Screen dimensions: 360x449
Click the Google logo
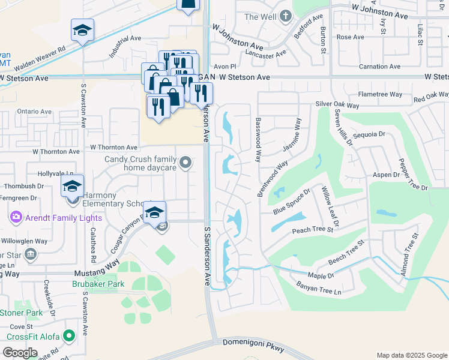tap(20, 353)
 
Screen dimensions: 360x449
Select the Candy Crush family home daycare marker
tap(186, 161)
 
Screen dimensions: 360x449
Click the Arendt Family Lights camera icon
tap(16, 217)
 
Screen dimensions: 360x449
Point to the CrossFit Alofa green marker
tap(69, 336)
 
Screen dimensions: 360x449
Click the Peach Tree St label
tap(312, 230)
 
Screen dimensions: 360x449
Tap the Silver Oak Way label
tap(337, 105)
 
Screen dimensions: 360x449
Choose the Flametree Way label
tap(380, 94)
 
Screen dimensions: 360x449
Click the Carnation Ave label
tap(379, 67)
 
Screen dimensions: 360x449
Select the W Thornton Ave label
tap(114, 147)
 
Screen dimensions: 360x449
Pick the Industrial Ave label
tap(125, 46)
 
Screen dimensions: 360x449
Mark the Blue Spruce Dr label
tap(291, 201)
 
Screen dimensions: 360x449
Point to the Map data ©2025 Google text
tap(412, 355)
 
